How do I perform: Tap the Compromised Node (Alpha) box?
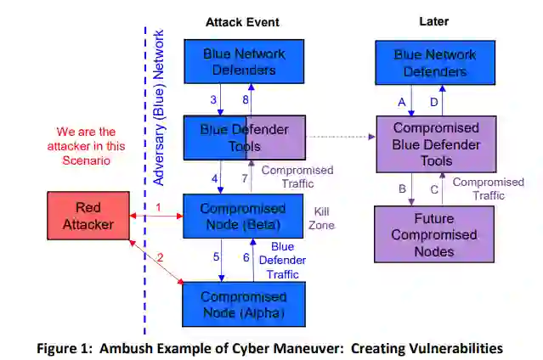[x=243, y=304]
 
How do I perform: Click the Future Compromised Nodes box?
[x=433, y=234]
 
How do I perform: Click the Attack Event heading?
[x=242, y=21]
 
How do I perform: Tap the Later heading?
[x=433, y=21]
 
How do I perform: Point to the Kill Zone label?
[x=323, y=217]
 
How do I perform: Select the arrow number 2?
[x=161, y=256]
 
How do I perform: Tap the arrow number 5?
[x=215, y=256]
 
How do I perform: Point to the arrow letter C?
[x=434, y=188]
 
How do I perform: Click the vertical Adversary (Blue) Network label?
[x=159, y=106]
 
